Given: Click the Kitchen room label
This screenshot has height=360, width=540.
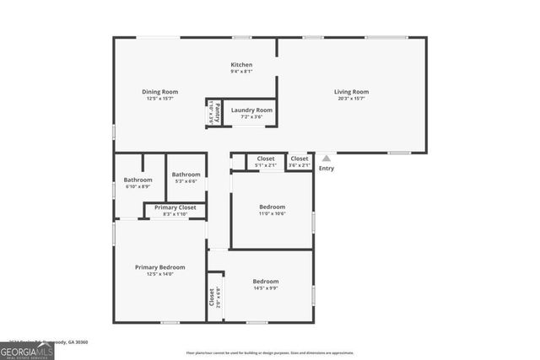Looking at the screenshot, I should point(242,65).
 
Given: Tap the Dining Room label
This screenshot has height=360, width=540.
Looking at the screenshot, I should point(159,92).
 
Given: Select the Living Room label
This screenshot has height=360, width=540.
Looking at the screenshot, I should point(351,92).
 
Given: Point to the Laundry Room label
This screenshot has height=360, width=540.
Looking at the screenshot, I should point(251,110).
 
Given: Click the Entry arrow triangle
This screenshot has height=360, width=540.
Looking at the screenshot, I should point(327,158).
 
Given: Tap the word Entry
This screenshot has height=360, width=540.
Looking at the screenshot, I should point(327,168).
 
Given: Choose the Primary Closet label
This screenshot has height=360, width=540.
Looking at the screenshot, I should point(175,207).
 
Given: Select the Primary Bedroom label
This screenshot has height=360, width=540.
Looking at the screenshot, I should point(159,267).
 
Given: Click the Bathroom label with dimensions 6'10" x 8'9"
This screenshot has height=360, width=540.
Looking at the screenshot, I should point(138,180).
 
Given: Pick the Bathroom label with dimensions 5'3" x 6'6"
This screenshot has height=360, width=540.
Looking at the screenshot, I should point(186,175).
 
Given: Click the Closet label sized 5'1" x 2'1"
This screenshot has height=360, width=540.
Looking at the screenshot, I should point(266,159).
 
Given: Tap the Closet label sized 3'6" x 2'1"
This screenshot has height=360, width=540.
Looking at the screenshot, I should point(300,159).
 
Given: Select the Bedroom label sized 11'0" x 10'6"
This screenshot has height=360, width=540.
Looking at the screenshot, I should point(272,207).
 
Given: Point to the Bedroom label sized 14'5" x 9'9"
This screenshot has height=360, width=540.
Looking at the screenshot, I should point(266,282).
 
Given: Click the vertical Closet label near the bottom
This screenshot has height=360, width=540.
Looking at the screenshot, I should point(212,297).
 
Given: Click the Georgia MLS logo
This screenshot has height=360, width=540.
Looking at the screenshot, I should point(27,350).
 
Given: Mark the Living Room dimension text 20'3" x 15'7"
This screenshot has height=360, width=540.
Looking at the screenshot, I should point(351,99).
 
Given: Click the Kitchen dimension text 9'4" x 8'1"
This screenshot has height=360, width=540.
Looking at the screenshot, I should point(242,72).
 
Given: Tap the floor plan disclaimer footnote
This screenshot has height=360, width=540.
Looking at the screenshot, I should point(270,352).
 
